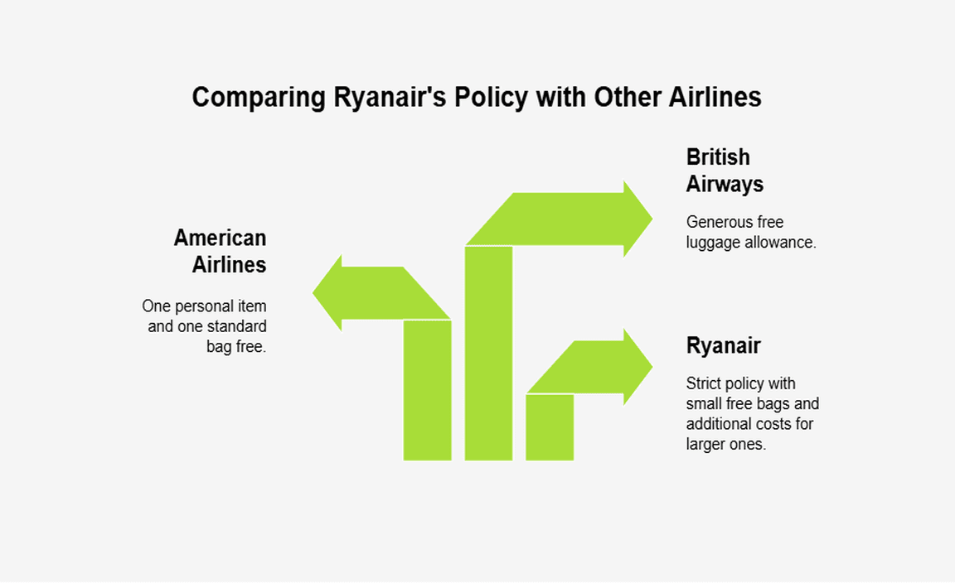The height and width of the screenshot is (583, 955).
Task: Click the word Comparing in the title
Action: click(x=259, y=98)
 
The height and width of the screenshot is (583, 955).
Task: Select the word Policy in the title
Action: click(x=491, y=98)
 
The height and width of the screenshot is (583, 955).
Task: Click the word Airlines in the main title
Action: click(x=715, y=97)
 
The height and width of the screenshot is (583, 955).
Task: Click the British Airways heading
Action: click(x=725, y=171)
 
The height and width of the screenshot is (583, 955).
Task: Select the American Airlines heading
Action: click(x=221, y=251)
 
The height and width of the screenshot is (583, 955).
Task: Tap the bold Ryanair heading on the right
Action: click(x=724, y=345)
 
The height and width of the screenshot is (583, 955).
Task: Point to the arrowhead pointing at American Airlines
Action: click(x=327, y=292)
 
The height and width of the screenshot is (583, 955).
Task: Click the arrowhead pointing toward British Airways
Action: click(x=637, y=219)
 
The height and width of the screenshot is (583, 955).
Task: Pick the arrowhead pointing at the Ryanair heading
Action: click(x=637, y=367)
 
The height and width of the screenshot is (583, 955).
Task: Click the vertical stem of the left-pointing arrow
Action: click(x=428, y=390)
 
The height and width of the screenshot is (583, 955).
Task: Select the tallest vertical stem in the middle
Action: click(x=488, y=353)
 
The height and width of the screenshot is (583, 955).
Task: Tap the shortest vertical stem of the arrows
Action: click(x=550, y=427)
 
